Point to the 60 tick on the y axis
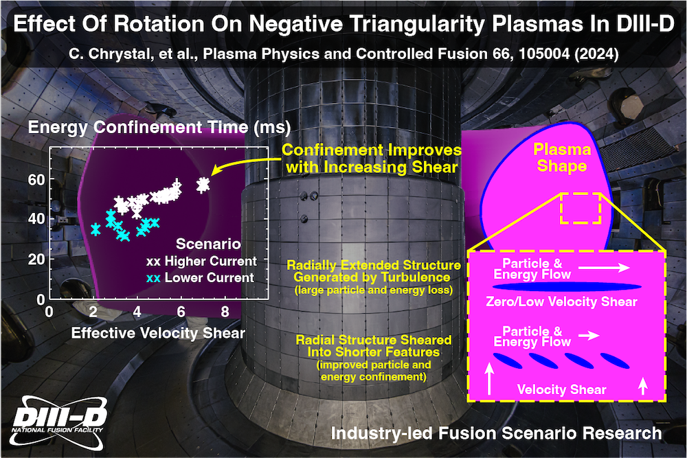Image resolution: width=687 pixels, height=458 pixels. click(35, 179)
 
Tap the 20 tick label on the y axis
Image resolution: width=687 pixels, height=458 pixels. click(35, 259)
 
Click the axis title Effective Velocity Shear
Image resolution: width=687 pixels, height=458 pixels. click(158, 333)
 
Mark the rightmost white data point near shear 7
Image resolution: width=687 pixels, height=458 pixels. click(203, 184)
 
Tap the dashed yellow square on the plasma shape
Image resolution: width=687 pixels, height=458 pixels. click(581, 208)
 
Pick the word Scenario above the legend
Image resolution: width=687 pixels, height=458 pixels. click(208, 244)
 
